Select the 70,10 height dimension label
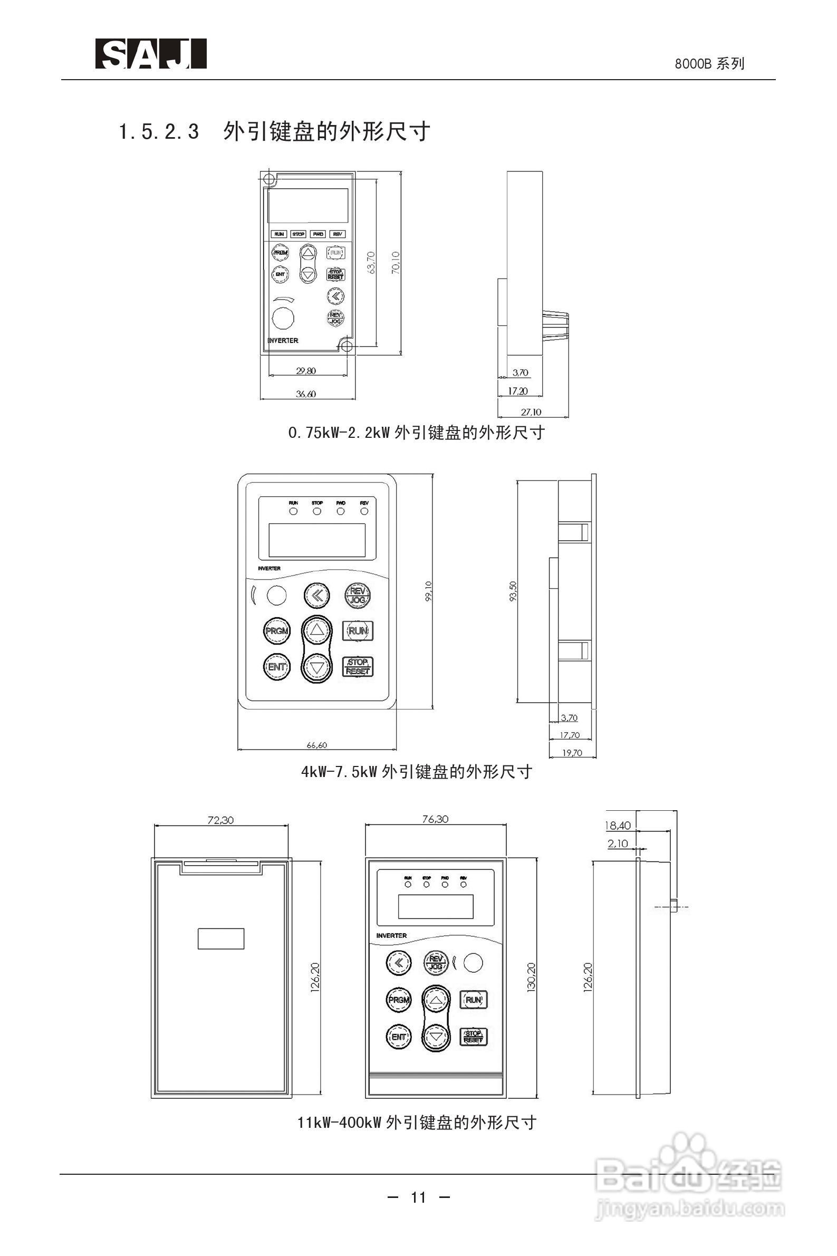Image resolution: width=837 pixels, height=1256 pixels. click(396, 263)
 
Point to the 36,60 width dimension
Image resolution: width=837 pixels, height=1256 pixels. click(306, 394)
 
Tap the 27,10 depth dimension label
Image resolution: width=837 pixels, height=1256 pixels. click(531, 411)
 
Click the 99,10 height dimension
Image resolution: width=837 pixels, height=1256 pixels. click(428, 591)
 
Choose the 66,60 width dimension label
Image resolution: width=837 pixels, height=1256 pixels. click(316, 745)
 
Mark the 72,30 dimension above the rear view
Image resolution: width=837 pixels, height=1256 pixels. click(220, 820)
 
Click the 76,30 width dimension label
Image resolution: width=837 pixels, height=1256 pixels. click(435, 819)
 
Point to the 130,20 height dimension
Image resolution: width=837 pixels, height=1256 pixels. click(531, 977)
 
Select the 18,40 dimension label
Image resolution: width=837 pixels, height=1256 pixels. click(618, 826)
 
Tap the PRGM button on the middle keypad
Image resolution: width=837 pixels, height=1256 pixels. click(276, 631)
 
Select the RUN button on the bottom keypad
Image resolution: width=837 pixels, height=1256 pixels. click(473, 1000)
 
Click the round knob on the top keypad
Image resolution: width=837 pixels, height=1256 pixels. click(283, 319)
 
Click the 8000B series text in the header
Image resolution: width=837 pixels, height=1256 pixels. click(709, 64)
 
